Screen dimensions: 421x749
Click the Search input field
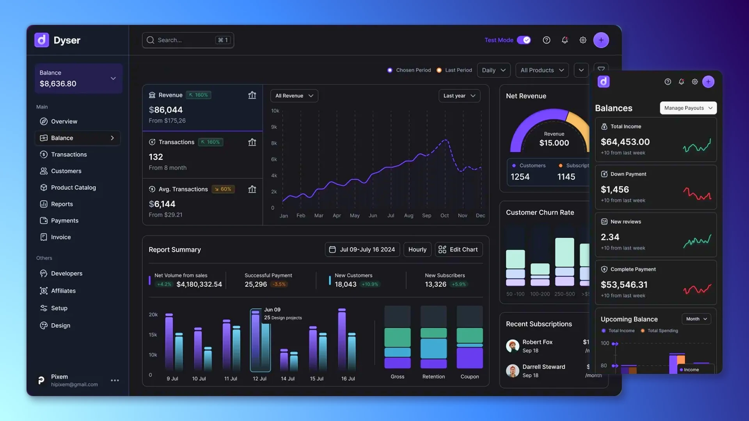(183, 40)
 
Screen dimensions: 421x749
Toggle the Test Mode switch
(524, 40)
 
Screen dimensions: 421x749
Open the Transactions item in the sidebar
(69, 154)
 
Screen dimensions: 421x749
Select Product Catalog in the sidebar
(73, 188)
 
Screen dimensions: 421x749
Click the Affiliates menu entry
(63, 291)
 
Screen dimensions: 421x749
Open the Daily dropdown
(493, 70)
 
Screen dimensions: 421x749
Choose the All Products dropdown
(542, 70)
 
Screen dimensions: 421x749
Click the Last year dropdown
(459, 96)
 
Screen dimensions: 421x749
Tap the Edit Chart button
(459, 249)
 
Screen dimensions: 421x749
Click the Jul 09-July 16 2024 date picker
(362, 249)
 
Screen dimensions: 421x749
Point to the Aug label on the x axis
(408, 216)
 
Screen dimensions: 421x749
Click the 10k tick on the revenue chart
(275, 111)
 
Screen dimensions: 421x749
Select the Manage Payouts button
(688, 108)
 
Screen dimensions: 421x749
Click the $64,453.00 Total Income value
(625, 142)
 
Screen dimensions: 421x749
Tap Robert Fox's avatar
(512, 346)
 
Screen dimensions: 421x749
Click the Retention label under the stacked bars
(433, 377)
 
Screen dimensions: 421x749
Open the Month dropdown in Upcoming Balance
(696, 319)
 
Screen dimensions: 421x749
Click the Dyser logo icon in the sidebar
(42, 40)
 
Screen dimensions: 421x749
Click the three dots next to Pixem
(115, 380)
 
